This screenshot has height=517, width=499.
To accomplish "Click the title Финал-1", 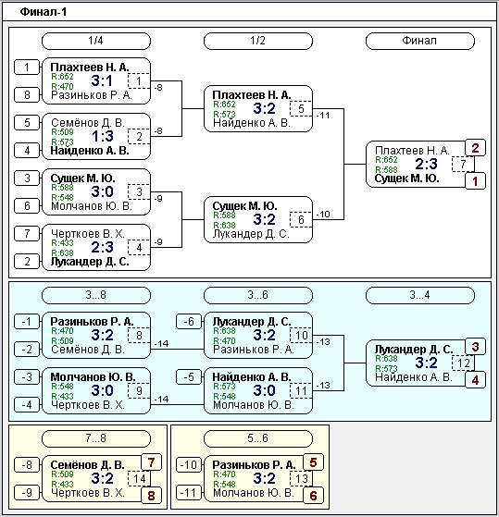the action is [44, 12].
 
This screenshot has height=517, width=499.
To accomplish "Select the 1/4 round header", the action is [96, 41].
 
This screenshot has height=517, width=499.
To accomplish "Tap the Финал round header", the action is [419, 41].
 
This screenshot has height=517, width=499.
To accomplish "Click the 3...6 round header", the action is [258, 295].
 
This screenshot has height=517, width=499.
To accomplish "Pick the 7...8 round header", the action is [96, 438].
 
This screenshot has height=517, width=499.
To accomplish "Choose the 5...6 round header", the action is [258, 438].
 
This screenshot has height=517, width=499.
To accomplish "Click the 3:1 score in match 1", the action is [102, 80].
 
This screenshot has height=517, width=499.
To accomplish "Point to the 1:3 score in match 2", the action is [103, 136].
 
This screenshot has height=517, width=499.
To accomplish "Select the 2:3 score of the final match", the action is [426, 164].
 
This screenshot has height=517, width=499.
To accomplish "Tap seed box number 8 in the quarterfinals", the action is [27, 95].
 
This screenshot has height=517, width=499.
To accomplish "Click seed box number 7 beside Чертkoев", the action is [27, 234].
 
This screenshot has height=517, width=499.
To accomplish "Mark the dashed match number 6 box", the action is [301, 219].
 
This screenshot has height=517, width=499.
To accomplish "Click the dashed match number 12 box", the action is [463, 363].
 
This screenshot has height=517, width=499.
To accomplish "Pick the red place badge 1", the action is [475, 181].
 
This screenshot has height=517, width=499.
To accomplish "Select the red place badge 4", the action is [475, 380].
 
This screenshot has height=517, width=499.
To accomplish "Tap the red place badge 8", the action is [151, 496].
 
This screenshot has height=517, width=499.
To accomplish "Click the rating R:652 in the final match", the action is [386, 160].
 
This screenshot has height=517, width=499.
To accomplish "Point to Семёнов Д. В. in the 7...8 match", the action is [87, 465].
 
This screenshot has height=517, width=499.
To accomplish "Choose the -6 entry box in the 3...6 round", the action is [189, 322].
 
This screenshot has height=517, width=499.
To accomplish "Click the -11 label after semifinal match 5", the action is [323, 116].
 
